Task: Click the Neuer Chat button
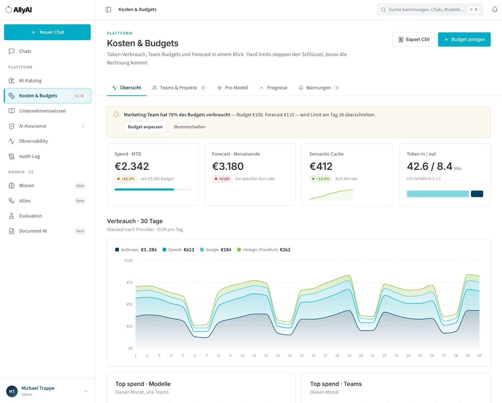point(47,32)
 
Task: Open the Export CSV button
point(414,40)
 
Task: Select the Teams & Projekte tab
point(179,88)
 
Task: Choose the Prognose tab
point(273,88)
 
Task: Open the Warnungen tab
point(319,88)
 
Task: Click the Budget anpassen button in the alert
point(145,127)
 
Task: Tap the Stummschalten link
point(189,127)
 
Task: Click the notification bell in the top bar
point(494,9)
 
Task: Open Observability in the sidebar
point(33,141)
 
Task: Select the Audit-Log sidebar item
point(29,156)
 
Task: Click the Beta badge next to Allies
point(80,201)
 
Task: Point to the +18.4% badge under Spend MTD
point(125,179)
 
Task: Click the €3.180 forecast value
point(228,166)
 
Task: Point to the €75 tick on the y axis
point(130,282)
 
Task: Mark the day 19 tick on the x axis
point(349,356)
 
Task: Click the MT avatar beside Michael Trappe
point(12,391)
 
